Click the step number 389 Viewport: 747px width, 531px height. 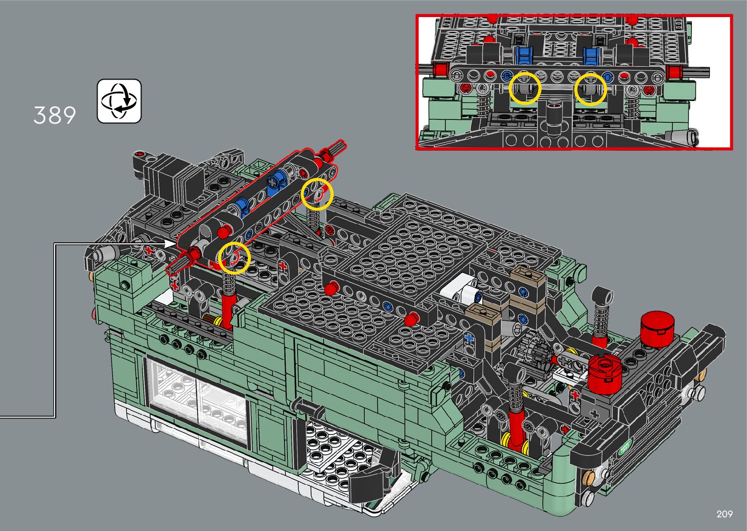(55, 116)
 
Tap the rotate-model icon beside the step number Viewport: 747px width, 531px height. (119, 101)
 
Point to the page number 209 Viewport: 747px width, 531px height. (725, 514)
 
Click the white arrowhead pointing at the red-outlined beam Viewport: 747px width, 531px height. (171, 244)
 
